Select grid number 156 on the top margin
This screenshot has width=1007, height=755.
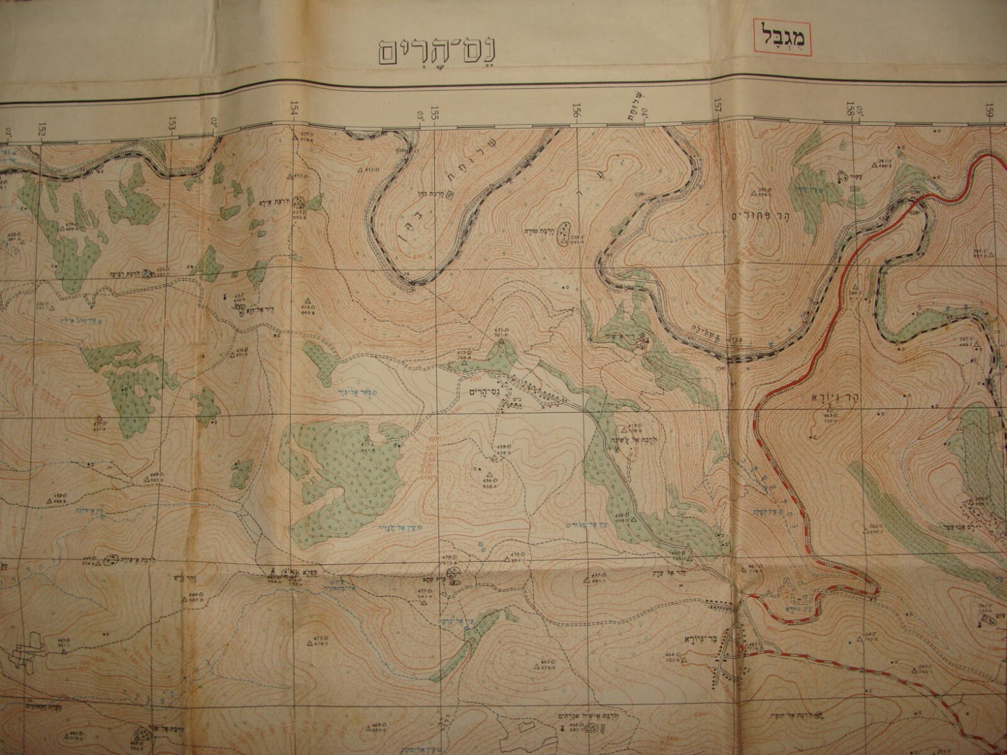point(576,109)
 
